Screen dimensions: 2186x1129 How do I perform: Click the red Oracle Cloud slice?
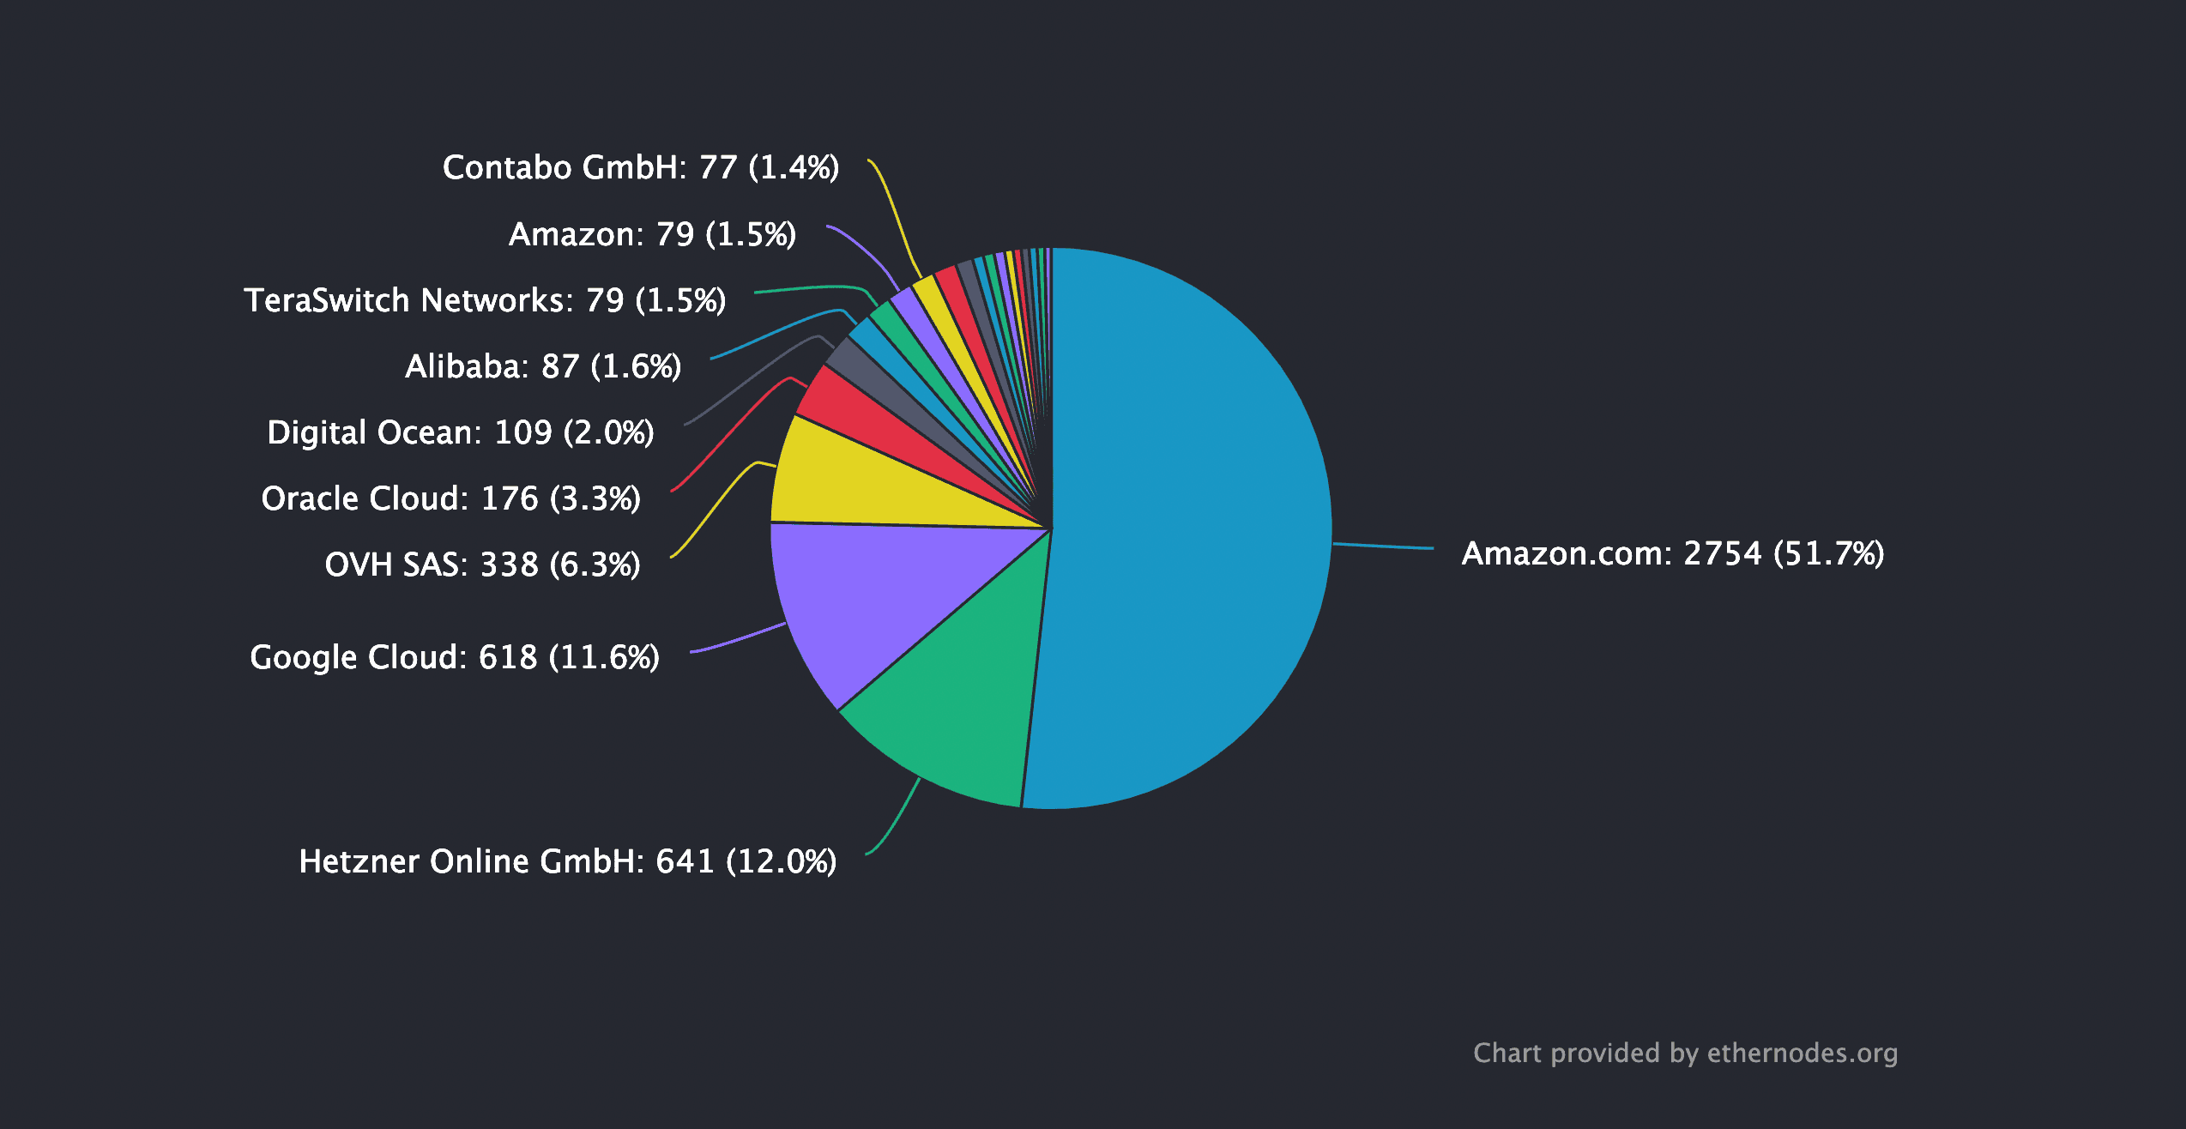867,420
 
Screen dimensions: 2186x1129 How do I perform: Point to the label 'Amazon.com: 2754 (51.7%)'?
1673,554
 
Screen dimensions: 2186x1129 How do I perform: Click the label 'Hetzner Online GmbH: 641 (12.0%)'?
568,861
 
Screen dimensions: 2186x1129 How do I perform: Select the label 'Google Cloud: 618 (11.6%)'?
455,657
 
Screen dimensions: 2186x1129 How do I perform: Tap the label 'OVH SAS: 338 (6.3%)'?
482,564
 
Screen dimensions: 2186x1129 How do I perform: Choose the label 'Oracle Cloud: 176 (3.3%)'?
450,498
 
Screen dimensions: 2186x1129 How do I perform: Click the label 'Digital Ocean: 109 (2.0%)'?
461,432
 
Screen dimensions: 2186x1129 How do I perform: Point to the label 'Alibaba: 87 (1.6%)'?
543,366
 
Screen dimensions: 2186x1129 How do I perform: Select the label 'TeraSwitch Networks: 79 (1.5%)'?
485,300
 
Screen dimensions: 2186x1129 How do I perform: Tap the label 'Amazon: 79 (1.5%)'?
652,234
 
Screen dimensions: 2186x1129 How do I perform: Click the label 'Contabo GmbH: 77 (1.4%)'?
641,167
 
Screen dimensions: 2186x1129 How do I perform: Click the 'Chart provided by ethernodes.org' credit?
1685,1053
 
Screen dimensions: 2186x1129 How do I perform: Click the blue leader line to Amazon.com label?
1383,546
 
